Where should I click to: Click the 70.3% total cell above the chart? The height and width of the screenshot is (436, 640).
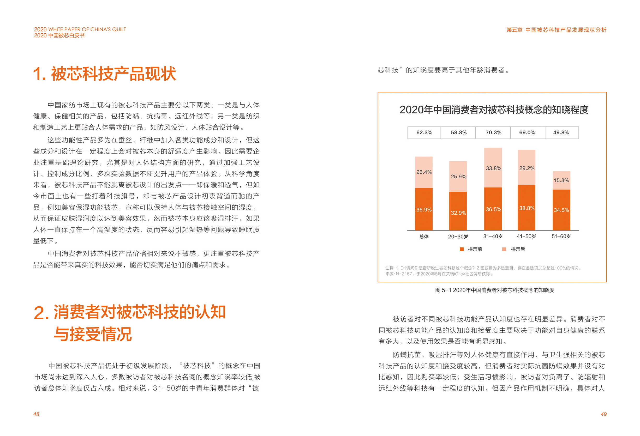tap(493, 133)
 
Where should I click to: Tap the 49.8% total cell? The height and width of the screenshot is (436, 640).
tap(561, 133)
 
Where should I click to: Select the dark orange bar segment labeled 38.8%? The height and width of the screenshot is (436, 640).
tap(526, 208)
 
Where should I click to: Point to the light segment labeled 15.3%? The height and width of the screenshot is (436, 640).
tap(561, 180)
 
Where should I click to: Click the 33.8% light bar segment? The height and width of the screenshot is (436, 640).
tap(493, 168)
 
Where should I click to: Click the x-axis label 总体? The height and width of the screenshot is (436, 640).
tap(424, 237)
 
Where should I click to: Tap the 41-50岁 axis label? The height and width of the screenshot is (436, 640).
tap(526, 237)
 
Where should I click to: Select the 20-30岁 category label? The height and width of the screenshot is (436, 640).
tap(458, 237)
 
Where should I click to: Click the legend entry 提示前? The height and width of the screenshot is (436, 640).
tap(471, 249)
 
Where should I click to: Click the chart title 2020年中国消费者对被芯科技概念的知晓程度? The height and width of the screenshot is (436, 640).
tap(494, 110)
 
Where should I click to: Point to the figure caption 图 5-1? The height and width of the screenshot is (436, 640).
tap(495, 290)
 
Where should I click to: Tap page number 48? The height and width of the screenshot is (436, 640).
tap(36, 414)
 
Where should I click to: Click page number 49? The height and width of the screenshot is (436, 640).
tap(603, 414)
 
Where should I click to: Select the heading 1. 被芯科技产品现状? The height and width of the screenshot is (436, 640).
tap(104, 74)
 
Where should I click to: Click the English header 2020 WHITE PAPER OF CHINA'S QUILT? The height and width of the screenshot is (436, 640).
tap(80, 29)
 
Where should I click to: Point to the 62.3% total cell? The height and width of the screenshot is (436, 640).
tap(424, 133)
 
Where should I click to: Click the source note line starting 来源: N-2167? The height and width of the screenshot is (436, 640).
tap(439, 274)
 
